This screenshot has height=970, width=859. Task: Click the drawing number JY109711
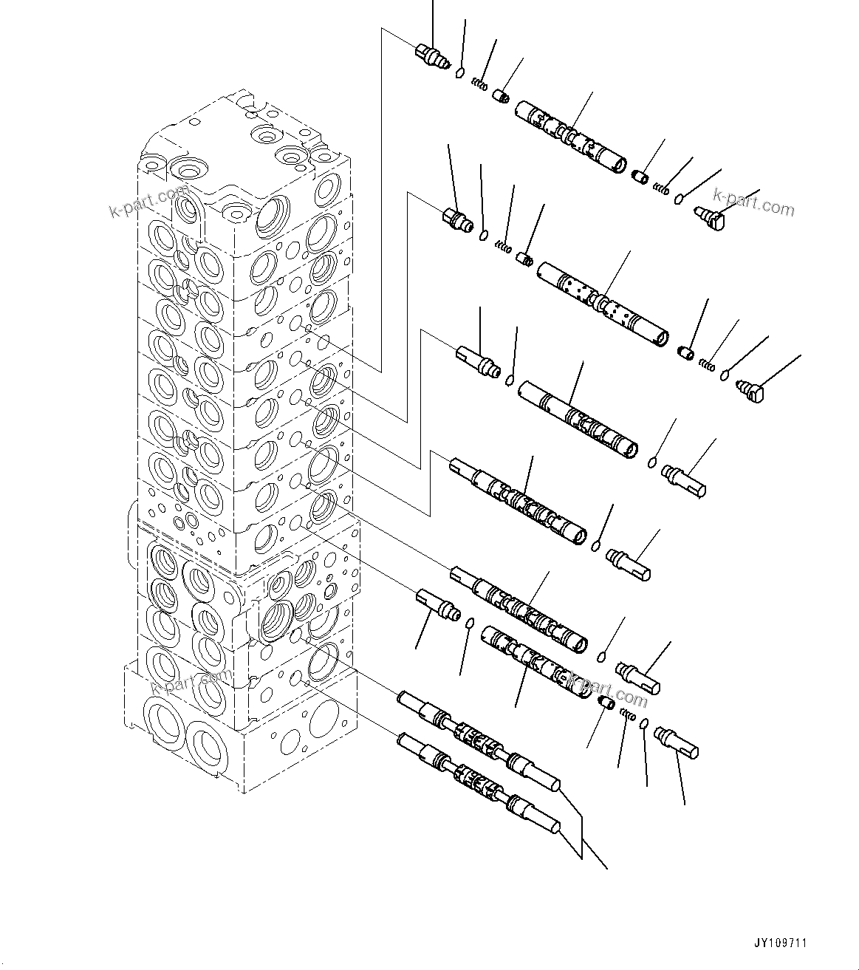[x=781, y=943]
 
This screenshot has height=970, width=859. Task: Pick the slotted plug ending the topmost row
[x=709, y=217]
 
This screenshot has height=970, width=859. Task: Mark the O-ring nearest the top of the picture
[x=459, y=73]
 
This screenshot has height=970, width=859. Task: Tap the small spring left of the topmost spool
[x=480, y=85]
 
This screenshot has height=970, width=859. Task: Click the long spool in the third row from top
[x=578, y=420]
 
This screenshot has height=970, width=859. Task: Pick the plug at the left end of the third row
[x=479, y=362]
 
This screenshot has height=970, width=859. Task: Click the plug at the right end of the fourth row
[x=629, y=562]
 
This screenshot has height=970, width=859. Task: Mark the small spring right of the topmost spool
[x=662, y=189]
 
